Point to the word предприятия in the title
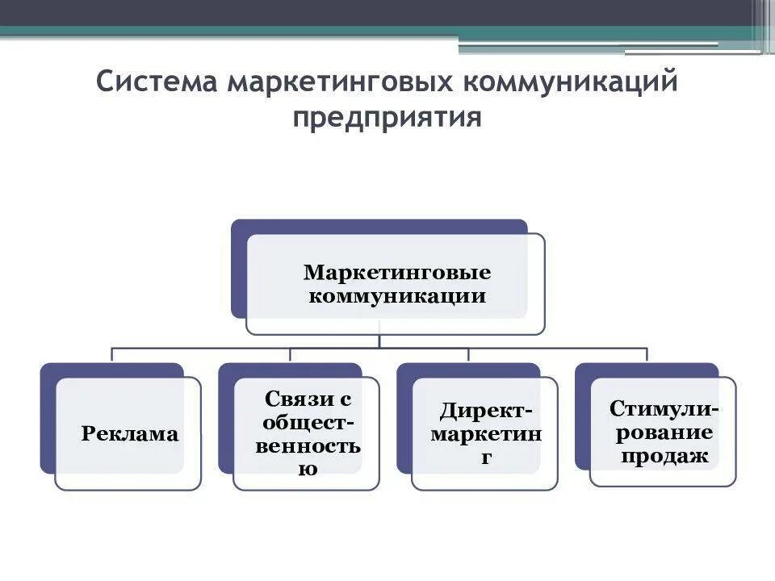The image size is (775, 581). (387, 118)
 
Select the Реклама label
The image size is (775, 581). (130, 434)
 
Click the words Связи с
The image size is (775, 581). (308, 399)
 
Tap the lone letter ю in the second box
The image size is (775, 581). (308, 469)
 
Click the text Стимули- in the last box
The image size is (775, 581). (664, 408)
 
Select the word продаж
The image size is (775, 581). (664, 456)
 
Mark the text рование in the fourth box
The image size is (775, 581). (664, 432)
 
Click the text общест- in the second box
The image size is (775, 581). (308, 423)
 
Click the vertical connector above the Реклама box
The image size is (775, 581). (111, 355)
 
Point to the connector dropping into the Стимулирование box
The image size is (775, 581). (647, 355)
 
